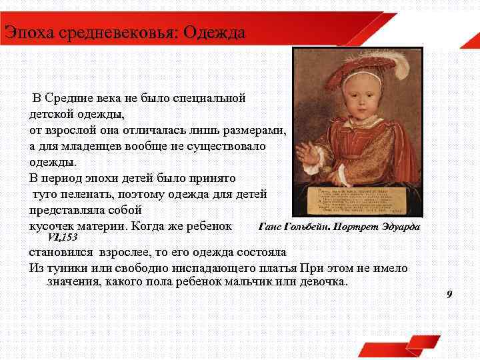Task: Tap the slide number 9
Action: click(450, 295)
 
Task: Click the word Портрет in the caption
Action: click(363, 226)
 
